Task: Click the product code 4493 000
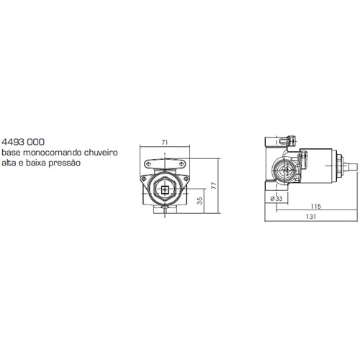click(23, 142)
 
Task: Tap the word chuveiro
click(101, 153)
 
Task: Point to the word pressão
click(65, 163)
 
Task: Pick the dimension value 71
click(164, 143)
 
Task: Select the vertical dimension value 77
click(214, 186)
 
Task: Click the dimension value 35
click(199, 201)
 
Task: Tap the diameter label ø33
click(276, 199)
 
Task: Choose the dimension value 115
click(316, 206)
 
